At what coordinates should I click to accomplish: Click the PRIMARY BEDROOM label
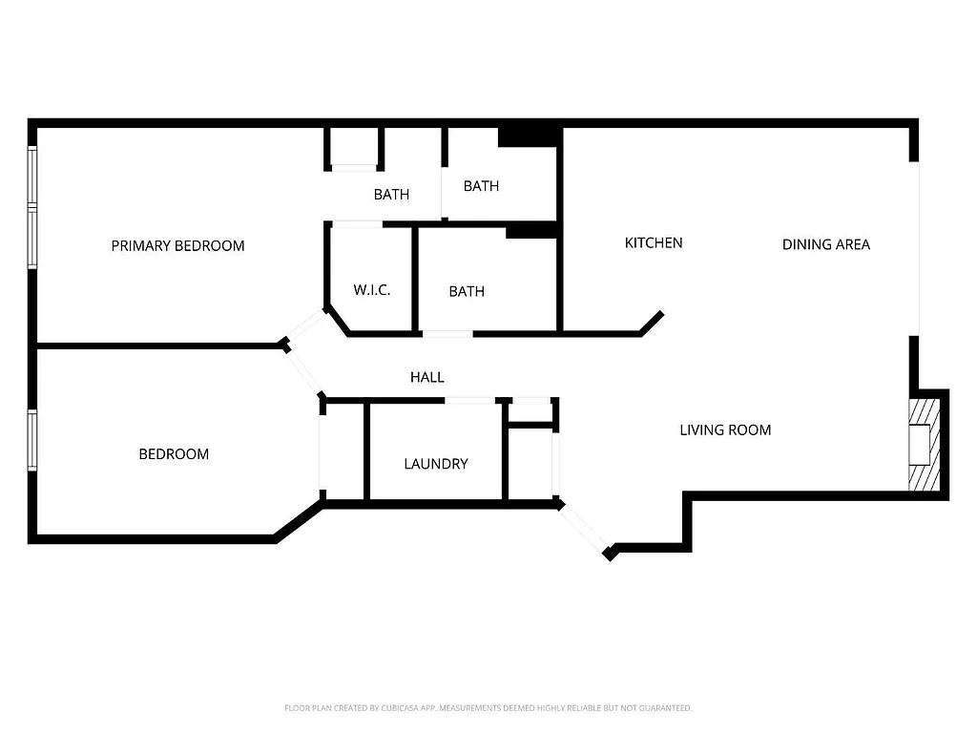tap(177, 245)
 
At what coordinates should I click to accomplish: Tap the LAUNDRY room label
tap(435, 464)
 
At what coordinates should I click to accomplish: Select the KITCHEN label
tap(653, 242)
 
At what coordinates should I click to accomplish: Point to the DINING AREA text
tap(825, 244)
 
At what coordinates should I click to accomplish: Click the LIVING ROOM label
tap(724, 429)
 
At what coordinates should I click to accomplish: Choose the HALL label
tap(426, 377)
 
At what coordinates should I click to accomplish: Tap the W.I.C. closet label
tap(371, 290)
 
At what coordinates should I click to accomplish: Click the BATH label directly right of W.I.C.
tap(466, 291)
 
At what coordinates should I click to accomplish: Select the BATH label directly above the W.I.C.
tap(391, 195)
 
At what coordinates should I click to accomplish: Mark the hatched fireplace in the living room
tap(924, 444)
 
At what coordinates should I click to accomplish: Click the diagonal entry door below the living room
tap(582, 527)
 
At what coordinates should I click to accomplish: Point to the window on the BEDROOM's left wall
tap(32, 440)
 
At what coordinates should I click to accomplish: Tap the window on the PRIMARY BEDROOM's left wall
tap(32, 207)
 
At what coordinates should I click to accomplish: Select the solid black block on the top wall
tap(528, 137)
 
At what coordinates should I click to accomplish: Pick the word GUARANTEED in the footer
tap(666, 708)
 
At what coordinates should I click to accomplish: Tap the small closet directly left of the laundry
tap(344, 450)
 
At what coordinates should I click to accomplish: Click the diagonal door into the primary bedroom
tap(305, 326)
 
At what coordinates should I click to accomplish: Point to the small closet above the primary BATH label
tap(354, 147)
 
